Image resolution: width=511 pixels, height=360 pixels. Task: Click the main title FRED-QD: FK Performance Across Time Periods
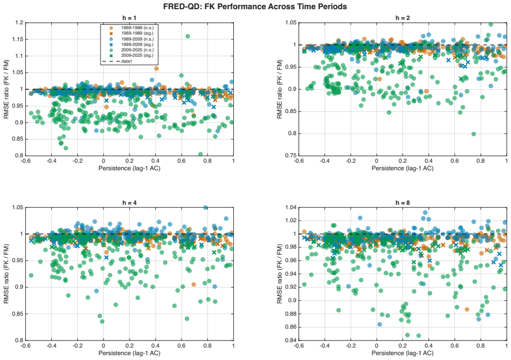pyautogui.click(x=255, y=6)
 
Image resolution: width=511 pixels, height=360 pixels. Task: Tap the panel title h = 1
pyautogui.click(x=130, y=18)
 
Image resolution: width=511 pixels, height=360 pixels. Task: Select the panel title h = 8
pyautogui.click(x=402, y=203)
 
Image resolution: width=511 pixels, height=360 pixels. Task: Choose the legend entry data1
pyautogui.click(x=126, y=61)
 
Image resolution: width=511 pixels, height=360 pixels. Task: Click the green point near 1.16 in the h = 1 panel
pyautogui.click(x=188, y=36)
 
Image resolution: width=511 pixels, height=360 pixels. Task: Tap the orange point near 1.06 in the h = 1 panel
pyautogui.click(x=157, y=69)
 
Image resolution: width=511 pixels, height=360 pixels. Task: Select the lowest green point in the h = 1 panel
pyautogui.click(x=200, y=154)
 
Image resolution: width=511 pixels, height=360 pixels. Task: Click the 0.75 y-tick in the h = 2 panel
pyautogui.click(x=291, y=156)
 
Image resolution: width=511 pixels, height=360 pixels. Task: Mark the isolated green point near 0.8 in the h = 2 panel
pyautogui.click(x=474, y=134)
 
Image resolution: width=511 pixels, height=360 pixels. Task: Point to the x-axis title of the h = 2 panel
pyautogui.click(x=402, y=168)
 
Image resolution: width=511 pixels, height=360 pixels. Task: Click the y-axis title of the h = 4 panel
pyautogui.click(x=6, y=274)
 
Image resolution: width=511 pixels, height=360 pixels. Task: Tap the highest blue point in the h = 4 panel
pyautogui.click(x=206, y=208)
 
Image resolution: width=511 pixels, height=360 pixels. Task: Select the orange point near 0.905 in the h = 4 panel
pyautogui.click(x=194, y=284)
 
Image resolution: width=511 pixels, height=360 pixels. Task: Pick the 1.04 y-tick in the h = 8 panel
pyautogui.click(x=291, y=208)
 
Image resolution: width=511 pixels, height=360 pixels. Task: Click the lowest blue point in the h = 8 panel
pyautogui.click(x=380, y=324)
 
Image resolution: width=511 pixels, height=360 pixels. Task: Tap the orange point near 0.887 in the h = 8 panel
pyautogui.click(x=467, y=309)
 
